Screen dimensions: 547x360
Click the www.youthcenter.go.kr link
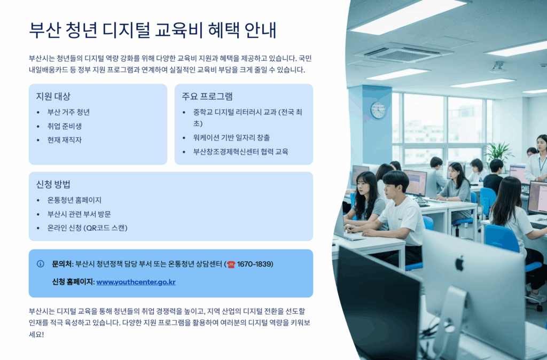pyautogui.click(x=136, y=282)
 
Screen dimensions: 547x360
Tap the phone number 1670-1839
pyautogui.click(x=255, y=264)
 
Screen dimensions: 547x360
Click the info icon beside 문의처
pyautogui.click(x=41, y=264)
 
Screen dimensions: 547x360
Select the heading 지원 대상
pyautogui.click(x=53, y=96)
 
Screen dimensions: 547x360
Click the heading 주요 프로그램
pyautogui.click(x=207, y=96)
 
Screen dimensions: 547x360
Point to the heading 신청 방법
pyautogui.click(x=53, y=184)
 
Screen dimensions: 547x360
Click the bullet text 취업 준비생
pyautogui.click(x=65, y=126)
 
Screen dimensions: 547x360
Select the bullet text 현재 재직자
pyautogui.click(x=65, y=140)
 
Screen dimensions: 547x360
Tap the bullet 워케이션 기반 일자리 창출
pyautogui.click(x=232, y=137)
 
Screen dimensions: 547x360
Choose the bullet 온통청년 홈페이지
pyautogui.click(x=74, y=200)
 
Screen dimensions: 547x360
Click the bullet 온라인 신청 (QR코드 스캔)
pyautogui.click(x=88, y=228)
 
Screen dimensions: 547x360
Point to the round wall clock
pyautogui.click(x=378, y=110)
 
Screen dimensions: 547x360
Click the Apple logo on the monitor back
pyautogui.click(x=460, y=263)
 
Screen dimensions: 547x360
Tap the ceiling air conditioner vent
pyautogui.click(x=404, y=54)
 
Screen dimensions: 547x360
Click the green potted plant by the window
pyautogui.click(x=498, y=152)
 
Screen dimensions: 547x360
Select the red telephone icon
pyautogui.click(x=231, y=264)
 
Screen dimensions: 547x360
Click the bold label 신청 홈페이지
pyautogui.click(x=73, y=282)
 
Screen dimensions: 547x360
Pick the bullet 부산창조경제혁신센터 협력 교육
pyautogui.click(x=241, y=152)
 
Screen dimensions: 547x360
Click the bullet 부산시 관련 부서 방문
pyautogui.click(x=79, y=214)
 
